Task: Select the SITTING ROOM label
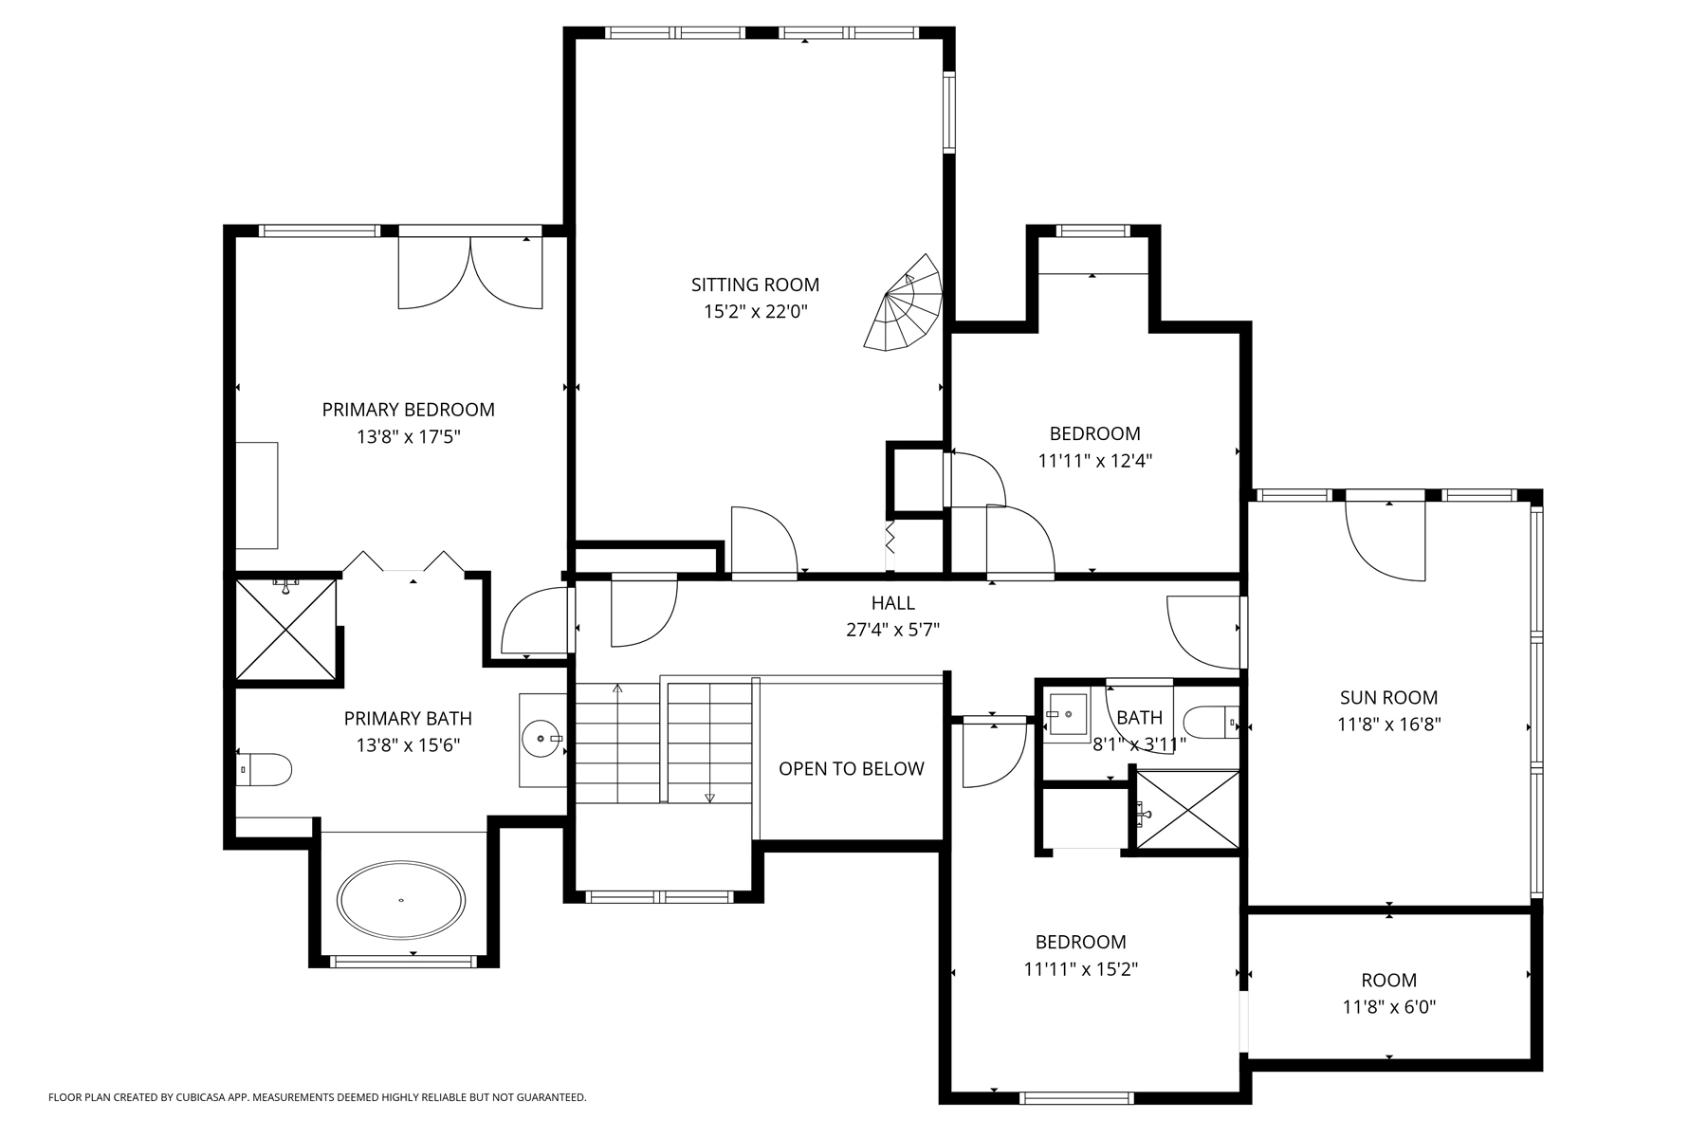[x=755, y=284]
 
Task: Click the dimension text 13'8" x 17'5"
[x=409, y=437]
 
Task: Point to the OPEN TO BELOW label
[x=851, y=769]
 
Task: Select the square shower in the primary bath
[x=285, y=630]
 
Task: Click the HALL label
[x=892, y=603]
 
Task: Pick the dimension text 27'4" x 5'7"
[x=892, y=630]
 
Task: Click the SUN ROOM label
[x=1388, y=698]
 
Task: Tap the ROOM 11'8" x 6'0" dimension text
[x=1388, y=1007]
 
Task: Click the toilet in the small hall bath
[x=1212, y=723]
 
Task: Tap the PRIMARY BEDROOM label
[x=409, y=410]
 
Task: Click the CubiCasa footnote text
[x=317, y=1097]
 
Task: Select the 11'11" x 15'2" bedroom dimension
[x=1080, y=969]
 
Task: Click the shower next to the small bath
[x=1187, y=812]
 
